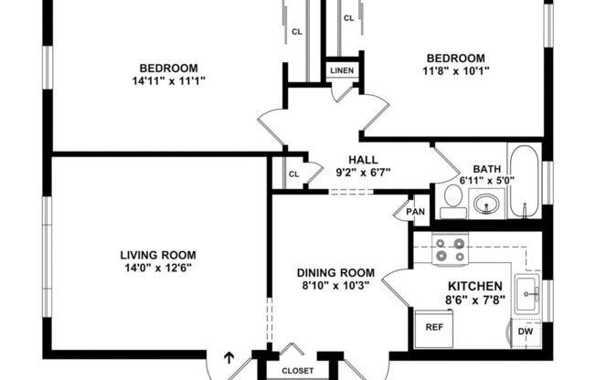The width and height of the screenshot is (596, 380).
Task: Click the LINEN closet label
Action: (342, 70)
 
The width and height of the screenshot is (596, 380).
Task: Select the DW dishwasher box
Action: (526, 332)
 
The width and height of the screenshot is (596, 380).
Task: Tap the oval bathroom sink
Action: (486, 203)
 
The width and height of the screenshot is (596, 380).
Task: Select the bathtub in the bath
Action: (525, 181)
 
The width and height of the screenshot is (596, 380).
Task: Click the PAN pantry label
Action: (416, 212)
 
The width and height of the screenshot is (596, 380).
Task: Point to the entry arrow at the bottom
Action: (229, 357)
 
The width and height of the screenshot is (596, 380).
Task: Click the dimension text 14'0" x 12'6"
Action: (158, 269)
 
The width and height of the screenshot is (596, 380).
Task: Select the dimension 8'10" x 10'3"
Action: (337, 285)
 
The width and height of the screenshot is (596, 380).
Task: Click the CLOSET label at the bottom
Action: (297, 371)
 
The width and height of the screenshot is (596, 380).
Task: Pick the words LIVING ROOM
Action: (158, 255)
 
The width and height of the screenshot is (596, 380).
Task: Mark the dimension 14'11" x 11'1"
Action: (168, 80)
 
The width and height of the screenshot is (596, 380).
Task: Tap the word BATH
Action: (486, 168)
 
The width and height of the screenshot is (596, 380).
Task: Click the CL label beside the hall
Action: (293, 174)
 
